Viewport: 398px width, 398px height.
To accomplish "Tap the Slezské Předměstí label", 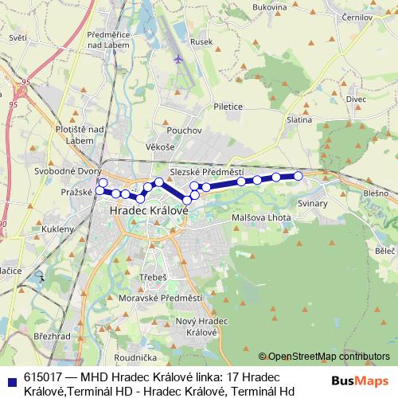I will pyautogui.click(x=207, y=172).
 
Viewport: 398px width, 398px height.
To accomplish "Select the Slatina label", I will pyautogui.click(x=299, y=119).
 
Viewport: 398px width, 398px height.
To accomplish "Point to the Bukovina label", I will pyautogui.click(x=268, y=7).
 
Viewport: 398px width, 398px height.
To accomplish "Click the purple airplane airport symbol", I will pyautogui.click(x=178, y=59).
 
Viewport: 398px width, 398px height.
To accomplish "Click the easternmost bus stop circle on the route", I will pyautogui.click(x=298, y=176).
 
